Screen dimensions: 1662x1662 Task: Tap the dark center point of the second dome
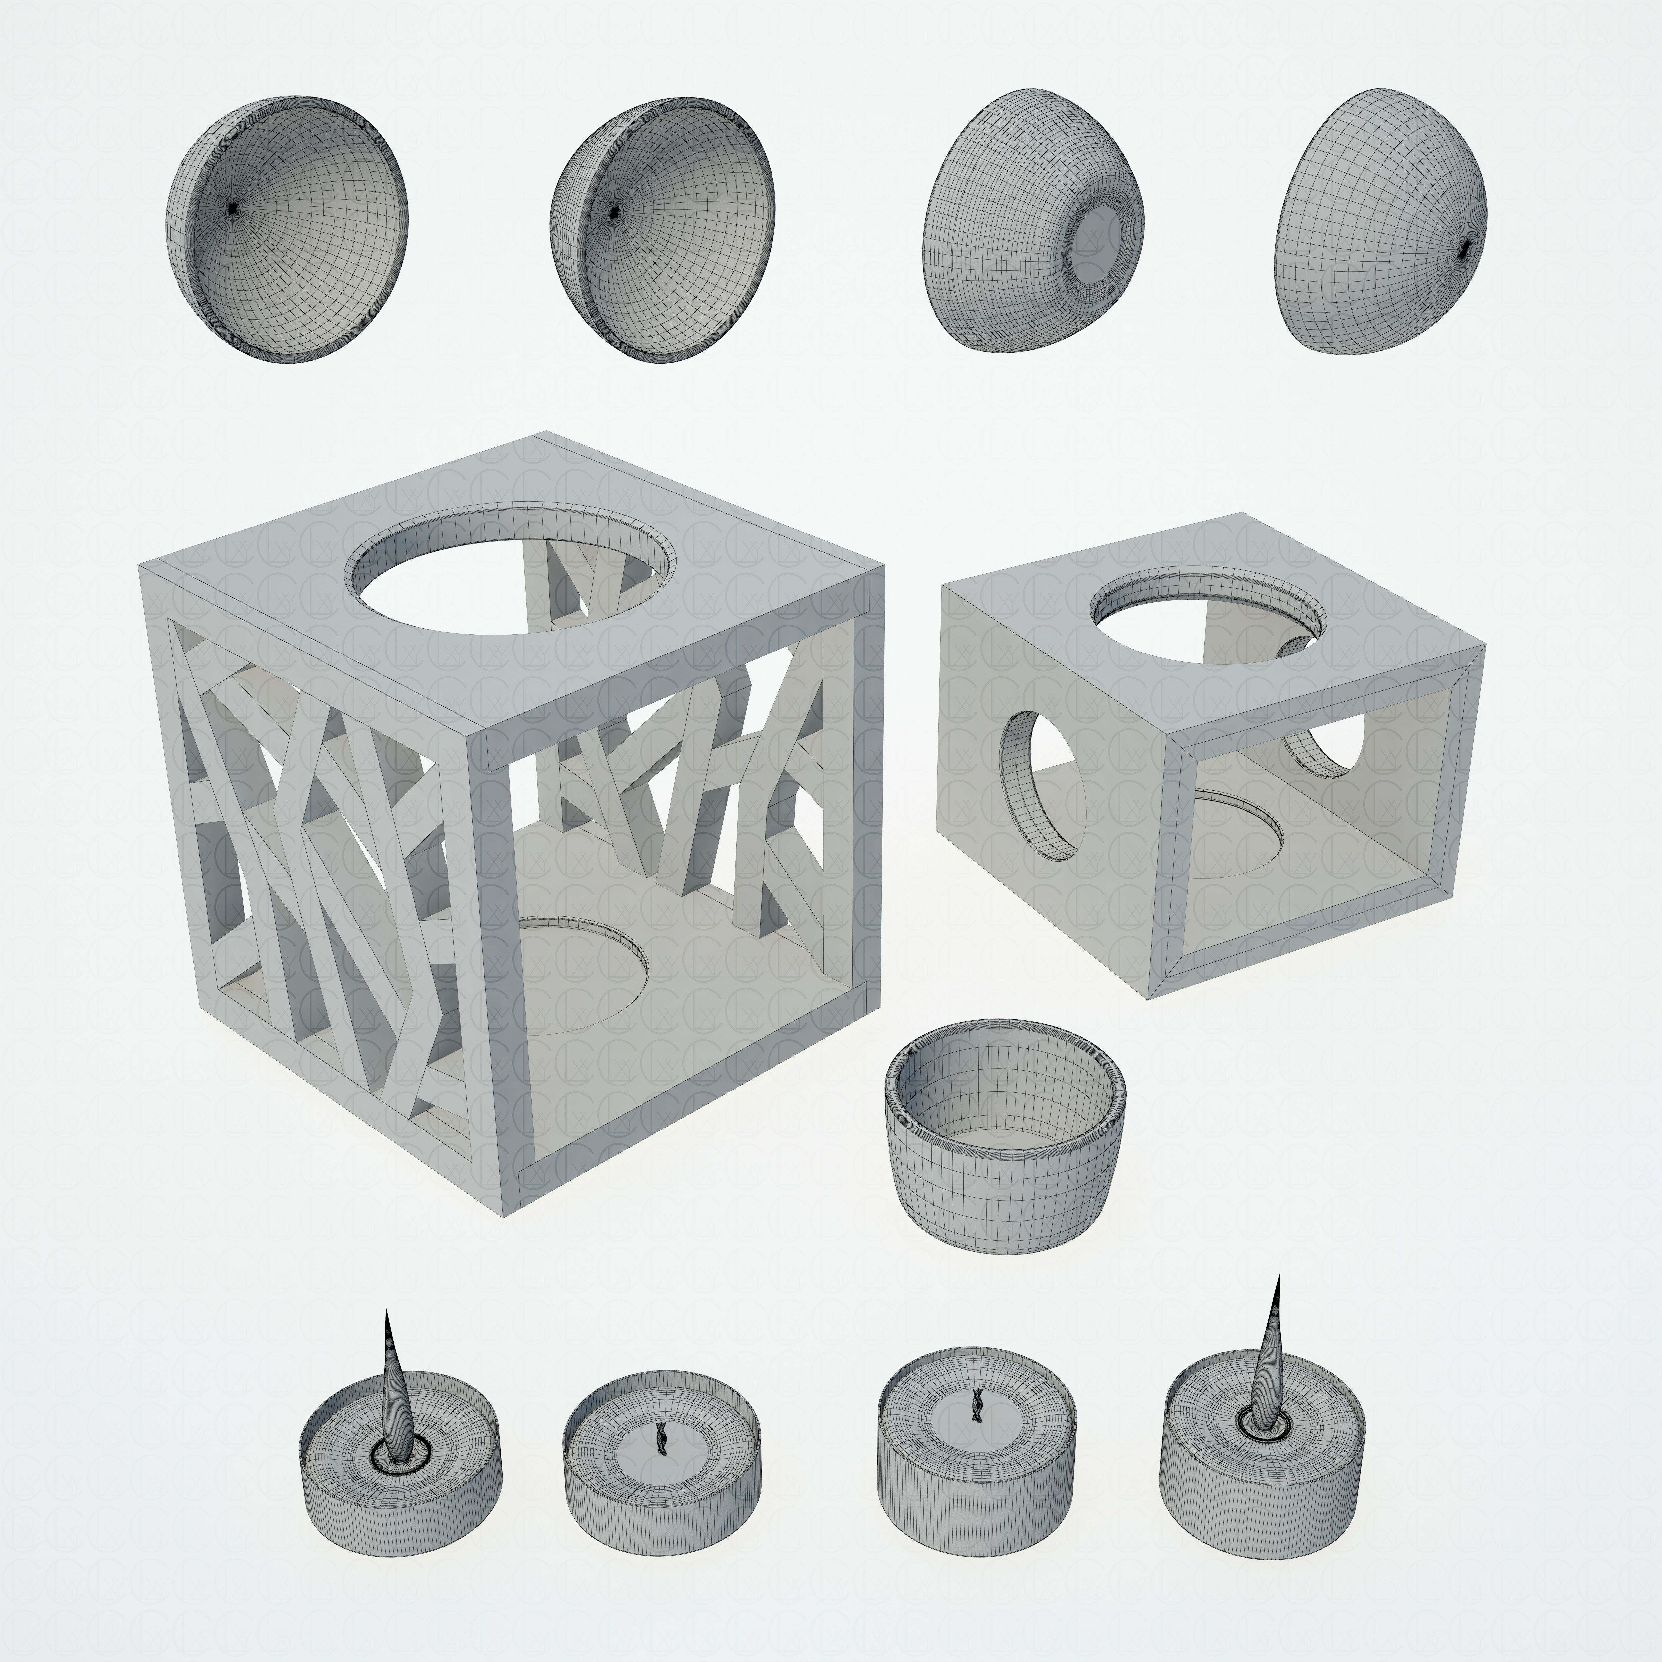(x=613, y=212)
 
